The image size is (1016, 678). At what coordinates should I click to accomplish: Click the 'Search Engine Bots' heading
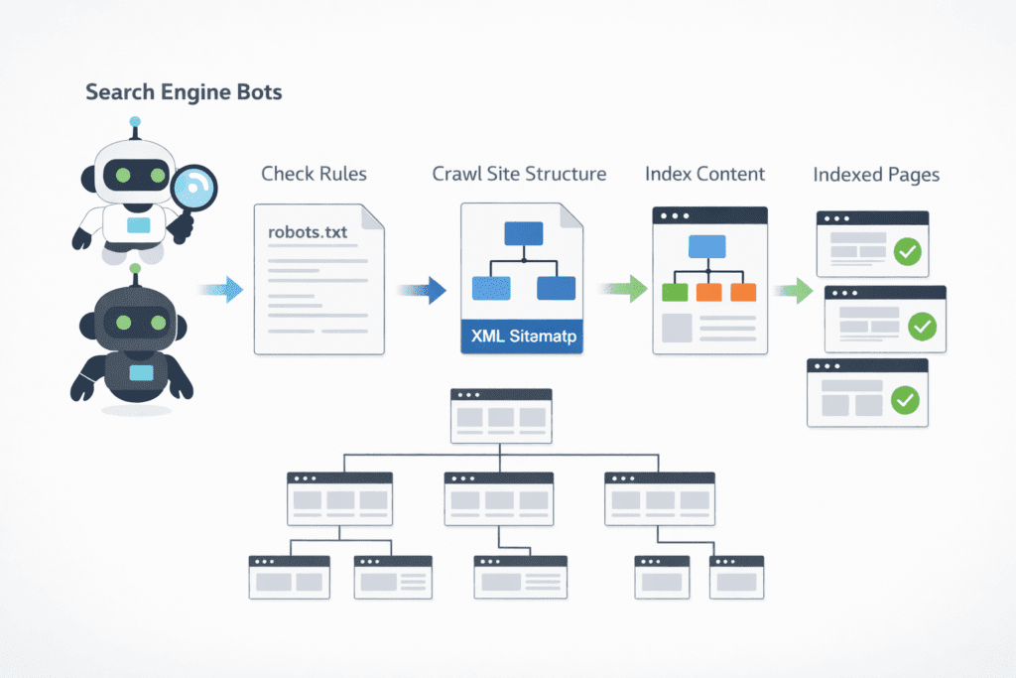184,92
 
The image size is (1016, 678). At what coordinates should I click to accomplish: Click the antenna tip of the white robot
135,124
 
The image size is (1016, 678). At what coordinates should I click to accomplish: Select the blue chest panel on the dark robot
142,372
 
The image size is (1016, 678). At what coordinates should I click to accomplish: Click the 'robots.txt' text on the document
308,231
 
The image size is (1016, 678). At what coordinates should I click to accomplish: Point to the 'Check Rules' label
314,174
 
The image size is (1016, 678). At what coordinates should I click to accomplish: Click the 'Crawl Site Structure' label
519,174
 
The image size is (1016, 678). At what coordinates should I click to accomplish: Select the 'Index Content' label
704,174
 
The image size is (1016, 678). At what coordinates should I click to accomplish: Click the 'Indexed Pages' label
876,175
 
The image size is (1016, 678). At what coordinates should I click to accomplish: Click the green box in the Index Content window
675,292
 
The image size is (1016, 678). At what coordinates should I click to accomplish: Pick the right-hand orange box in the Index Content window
742,292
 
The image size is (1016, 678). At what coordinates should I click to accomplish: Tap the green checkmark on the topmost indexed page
907,251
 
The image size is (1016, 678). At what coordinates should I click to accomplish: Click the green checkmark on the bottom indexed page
905,400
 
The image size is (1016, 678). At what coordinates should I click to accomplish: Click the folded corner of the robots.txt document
373,215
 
